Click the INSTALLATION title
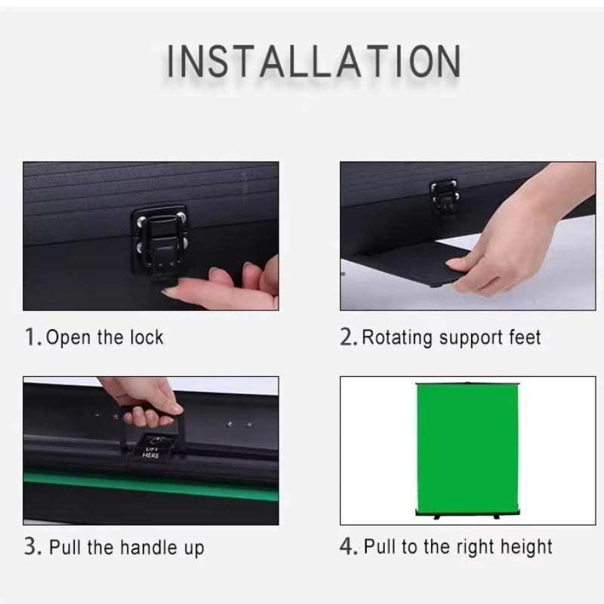coord(313,61)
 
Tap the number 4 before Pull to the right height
coord(347,547)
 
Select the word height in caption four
coord(525,547)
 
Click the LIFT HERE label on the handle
coord(151,452)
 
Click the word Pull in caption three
coord(65,547)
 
